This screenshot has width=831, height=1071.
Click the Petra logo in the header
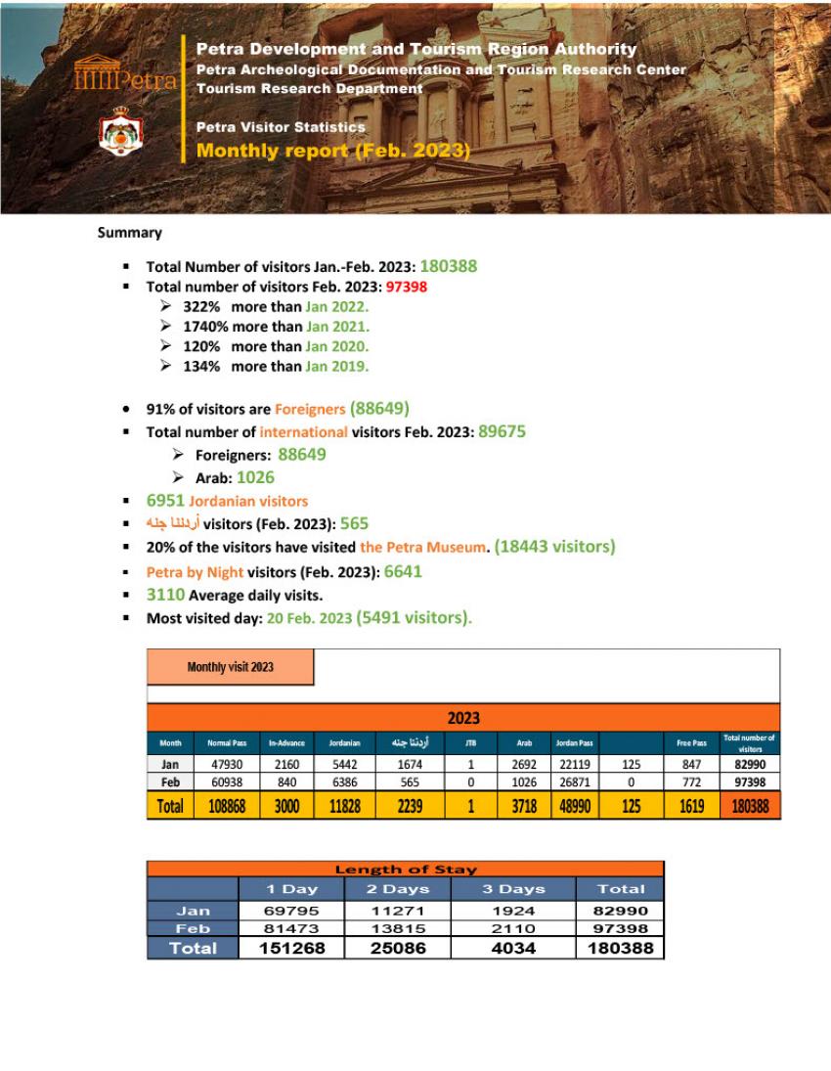124,76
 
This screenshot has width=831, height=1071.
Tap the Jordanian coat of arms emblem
121,133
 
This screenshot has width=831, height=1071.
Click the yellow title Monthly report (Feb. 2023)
333,151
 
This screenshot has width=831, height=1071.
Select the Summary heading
129,233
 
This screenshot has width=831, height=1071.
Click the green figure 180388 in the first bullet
449,266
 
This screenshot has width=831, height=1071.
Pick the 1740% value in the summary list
205,327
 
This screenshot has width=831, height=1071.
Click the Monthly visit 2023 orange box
231,667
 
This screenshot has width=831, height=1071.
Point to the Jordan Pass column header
574,743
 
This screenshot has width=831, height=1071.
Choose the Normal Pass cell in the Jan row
227,765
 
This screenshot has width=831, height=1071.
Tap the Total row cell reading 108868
227,807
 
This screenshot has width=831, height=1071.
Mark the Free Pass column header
691,743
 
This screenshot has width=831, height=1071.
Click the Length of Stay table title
406,869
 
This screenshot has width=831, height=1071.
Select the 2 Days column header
398,889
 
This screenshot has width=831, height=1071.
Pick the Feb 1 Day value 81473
291,928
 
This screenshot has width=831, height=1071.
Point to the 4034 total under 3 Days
512,948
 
